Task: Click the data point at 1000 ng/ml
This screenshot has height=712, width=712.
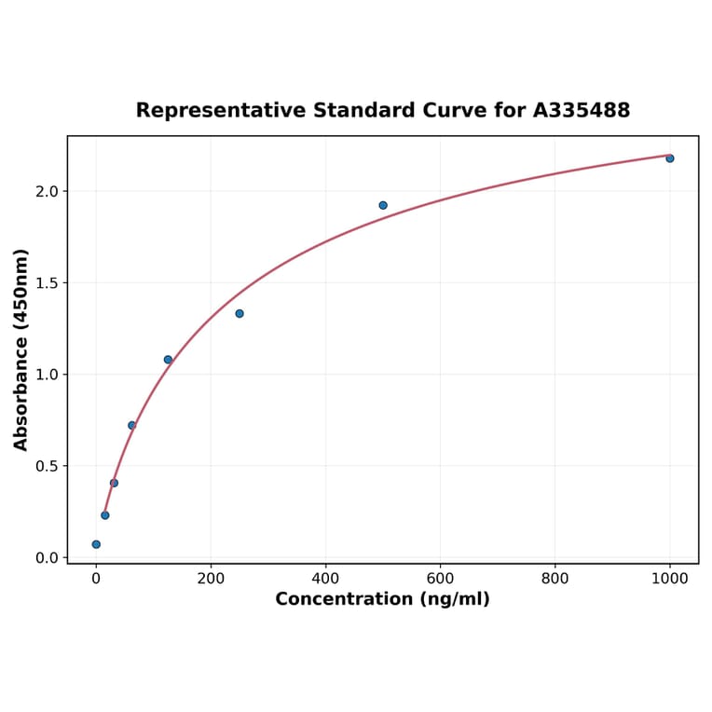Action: pos(669,158)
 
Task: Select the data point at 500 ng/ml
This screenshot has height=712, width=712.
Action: pos(383,205)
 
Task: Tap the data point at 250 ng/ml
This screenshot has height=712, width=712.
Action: pos(240,313)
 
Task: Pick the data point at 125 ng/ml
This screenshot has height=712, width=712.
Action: pos(168,360)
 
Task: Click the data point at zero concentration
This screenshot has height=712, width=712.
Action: pos(96,544)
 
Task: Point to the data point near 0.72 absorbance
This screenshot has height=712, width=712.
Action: pos(132,425)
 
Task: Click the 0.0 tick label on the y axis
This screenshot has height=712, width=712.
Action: pos(47,557)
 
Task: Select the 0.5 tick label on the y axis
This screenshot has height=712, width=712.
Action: pos(47,466)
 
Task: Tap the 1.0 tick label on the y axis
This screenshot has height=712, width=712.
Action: pos(47,375)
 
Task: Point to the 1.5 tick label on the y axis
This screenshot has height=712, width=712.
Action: pos(47,283)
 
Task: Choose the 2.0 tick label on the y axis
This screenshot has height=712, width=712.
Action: pos(47,192)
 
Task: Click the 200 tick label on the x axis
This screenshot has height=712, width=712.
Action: pos(211,578)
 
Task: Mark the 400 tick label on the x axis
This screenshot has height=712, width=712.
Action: pos(325,578)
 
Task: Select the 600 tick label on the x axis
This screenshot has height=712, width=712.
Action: pos(440,578)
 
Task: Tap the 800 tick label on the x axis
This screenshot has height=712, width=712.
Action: pos(555,578)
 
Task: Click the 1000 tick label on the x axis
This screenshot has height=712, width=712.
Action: pos(669,578)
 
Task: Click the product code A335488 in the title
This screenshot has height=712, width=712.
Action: pos(582,111)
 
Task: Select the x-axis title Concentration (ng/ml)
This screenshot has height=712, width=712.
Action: pos(382,599)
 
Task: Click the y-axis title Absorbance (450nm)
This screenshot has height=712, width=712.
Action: pos(21,349)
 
